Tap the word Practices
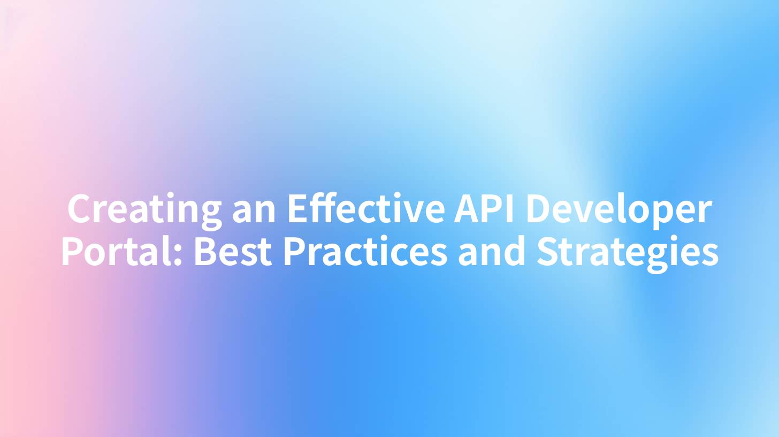click(364, 252)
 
